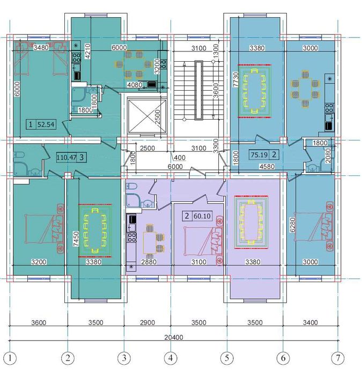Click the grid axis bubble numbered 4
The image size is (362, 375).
pos(171,358)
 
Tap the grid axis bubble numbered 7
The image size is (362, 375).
pos(338,358)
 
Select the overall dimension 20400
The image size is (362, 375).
pos(174,337)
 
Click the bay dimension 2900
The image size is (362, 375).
pos(147,322)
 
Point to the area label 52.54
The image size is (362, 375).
pos(46,124)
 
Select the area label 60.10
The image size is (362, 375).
pos(202,216)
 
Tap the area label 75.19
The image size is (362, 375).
pos(259,155)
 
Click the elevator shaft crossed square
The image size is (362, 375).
pos(147,116)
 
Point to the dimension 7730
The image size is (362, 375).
pos(236,79)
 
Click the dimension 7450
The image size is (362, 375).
pos(76,239)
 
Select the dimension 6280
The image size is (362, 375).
pos(293,225)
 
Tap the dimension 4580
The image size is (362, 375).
pos(267,166)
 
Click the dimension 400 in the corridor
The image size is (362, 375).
pos(180,158)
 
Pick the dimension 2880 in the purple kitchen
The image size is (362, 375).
pos(149,262)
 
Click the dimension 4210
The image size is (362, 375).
pos(88,51)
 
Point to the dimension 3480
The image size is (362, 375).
pos(41,47)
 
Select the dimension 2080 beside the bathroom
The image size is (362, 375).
pos(328,156)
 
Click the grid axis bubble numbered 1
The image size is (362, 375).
pos(10,358)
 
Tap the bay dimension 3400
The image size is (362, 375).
pos(311,322)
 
